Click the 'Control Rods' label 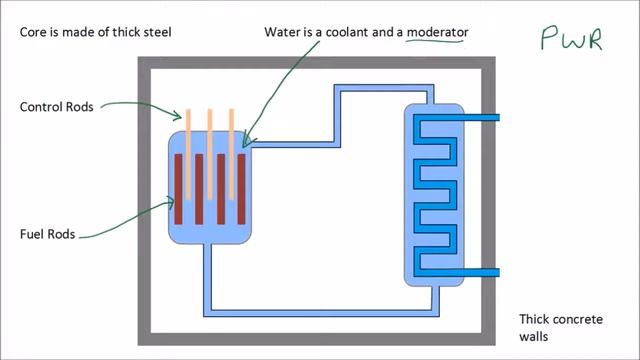55,107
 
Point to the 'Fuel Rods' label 47,235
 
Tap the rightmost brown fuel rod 241,190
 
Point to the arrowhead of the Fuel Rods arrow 172,202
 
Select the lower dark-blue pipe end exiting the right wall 490,271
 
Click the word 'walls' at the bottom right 534,338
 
